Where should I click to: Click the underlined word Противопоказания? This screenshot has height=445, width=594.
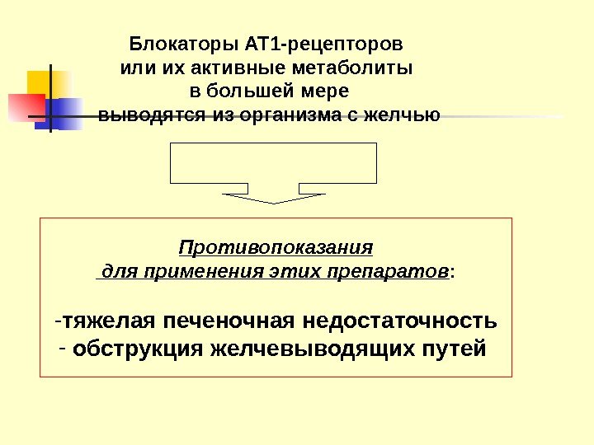tap(276, 247)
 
